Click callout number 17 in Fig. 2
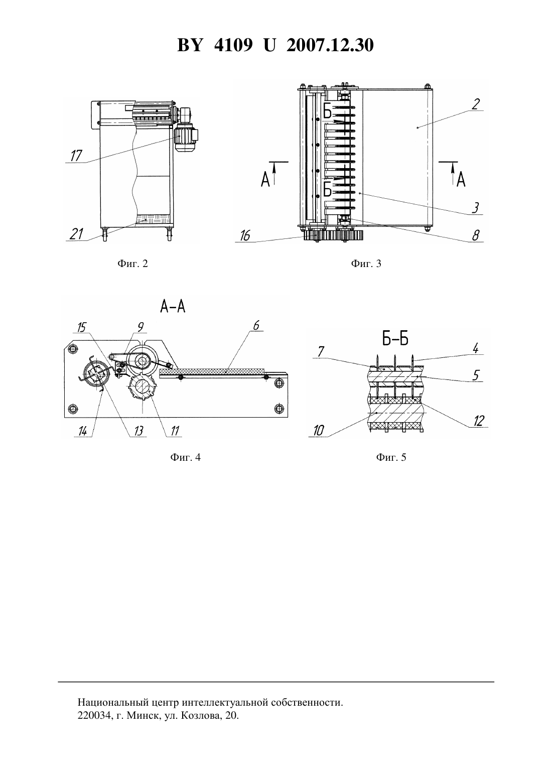[76, 156]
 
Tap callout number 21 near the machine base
[76, 234]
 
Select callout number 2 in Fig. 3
[476, 104]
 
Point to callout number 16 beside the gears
[245, 236]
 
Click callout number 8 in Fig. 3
[476, 236]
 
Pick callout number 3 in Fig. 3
[475, 208]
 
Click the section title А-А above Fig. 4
[173, 307]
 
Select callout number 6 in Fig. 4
[256, 326]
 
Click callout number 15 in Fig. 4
[81, 327]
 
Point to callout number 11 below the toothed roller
[175, 431]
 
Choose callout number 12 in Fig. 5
[479, 421]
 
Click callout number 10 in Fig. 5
[319, 431]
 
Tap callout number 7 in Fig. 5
[321, 352]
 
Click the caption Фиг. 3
[366, 264]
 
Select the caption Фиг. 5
[391, 457]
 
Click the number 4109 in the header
[233, 45]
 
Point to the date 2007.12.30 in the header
[330, 45]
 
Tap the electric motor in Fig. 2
[185, 138]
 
